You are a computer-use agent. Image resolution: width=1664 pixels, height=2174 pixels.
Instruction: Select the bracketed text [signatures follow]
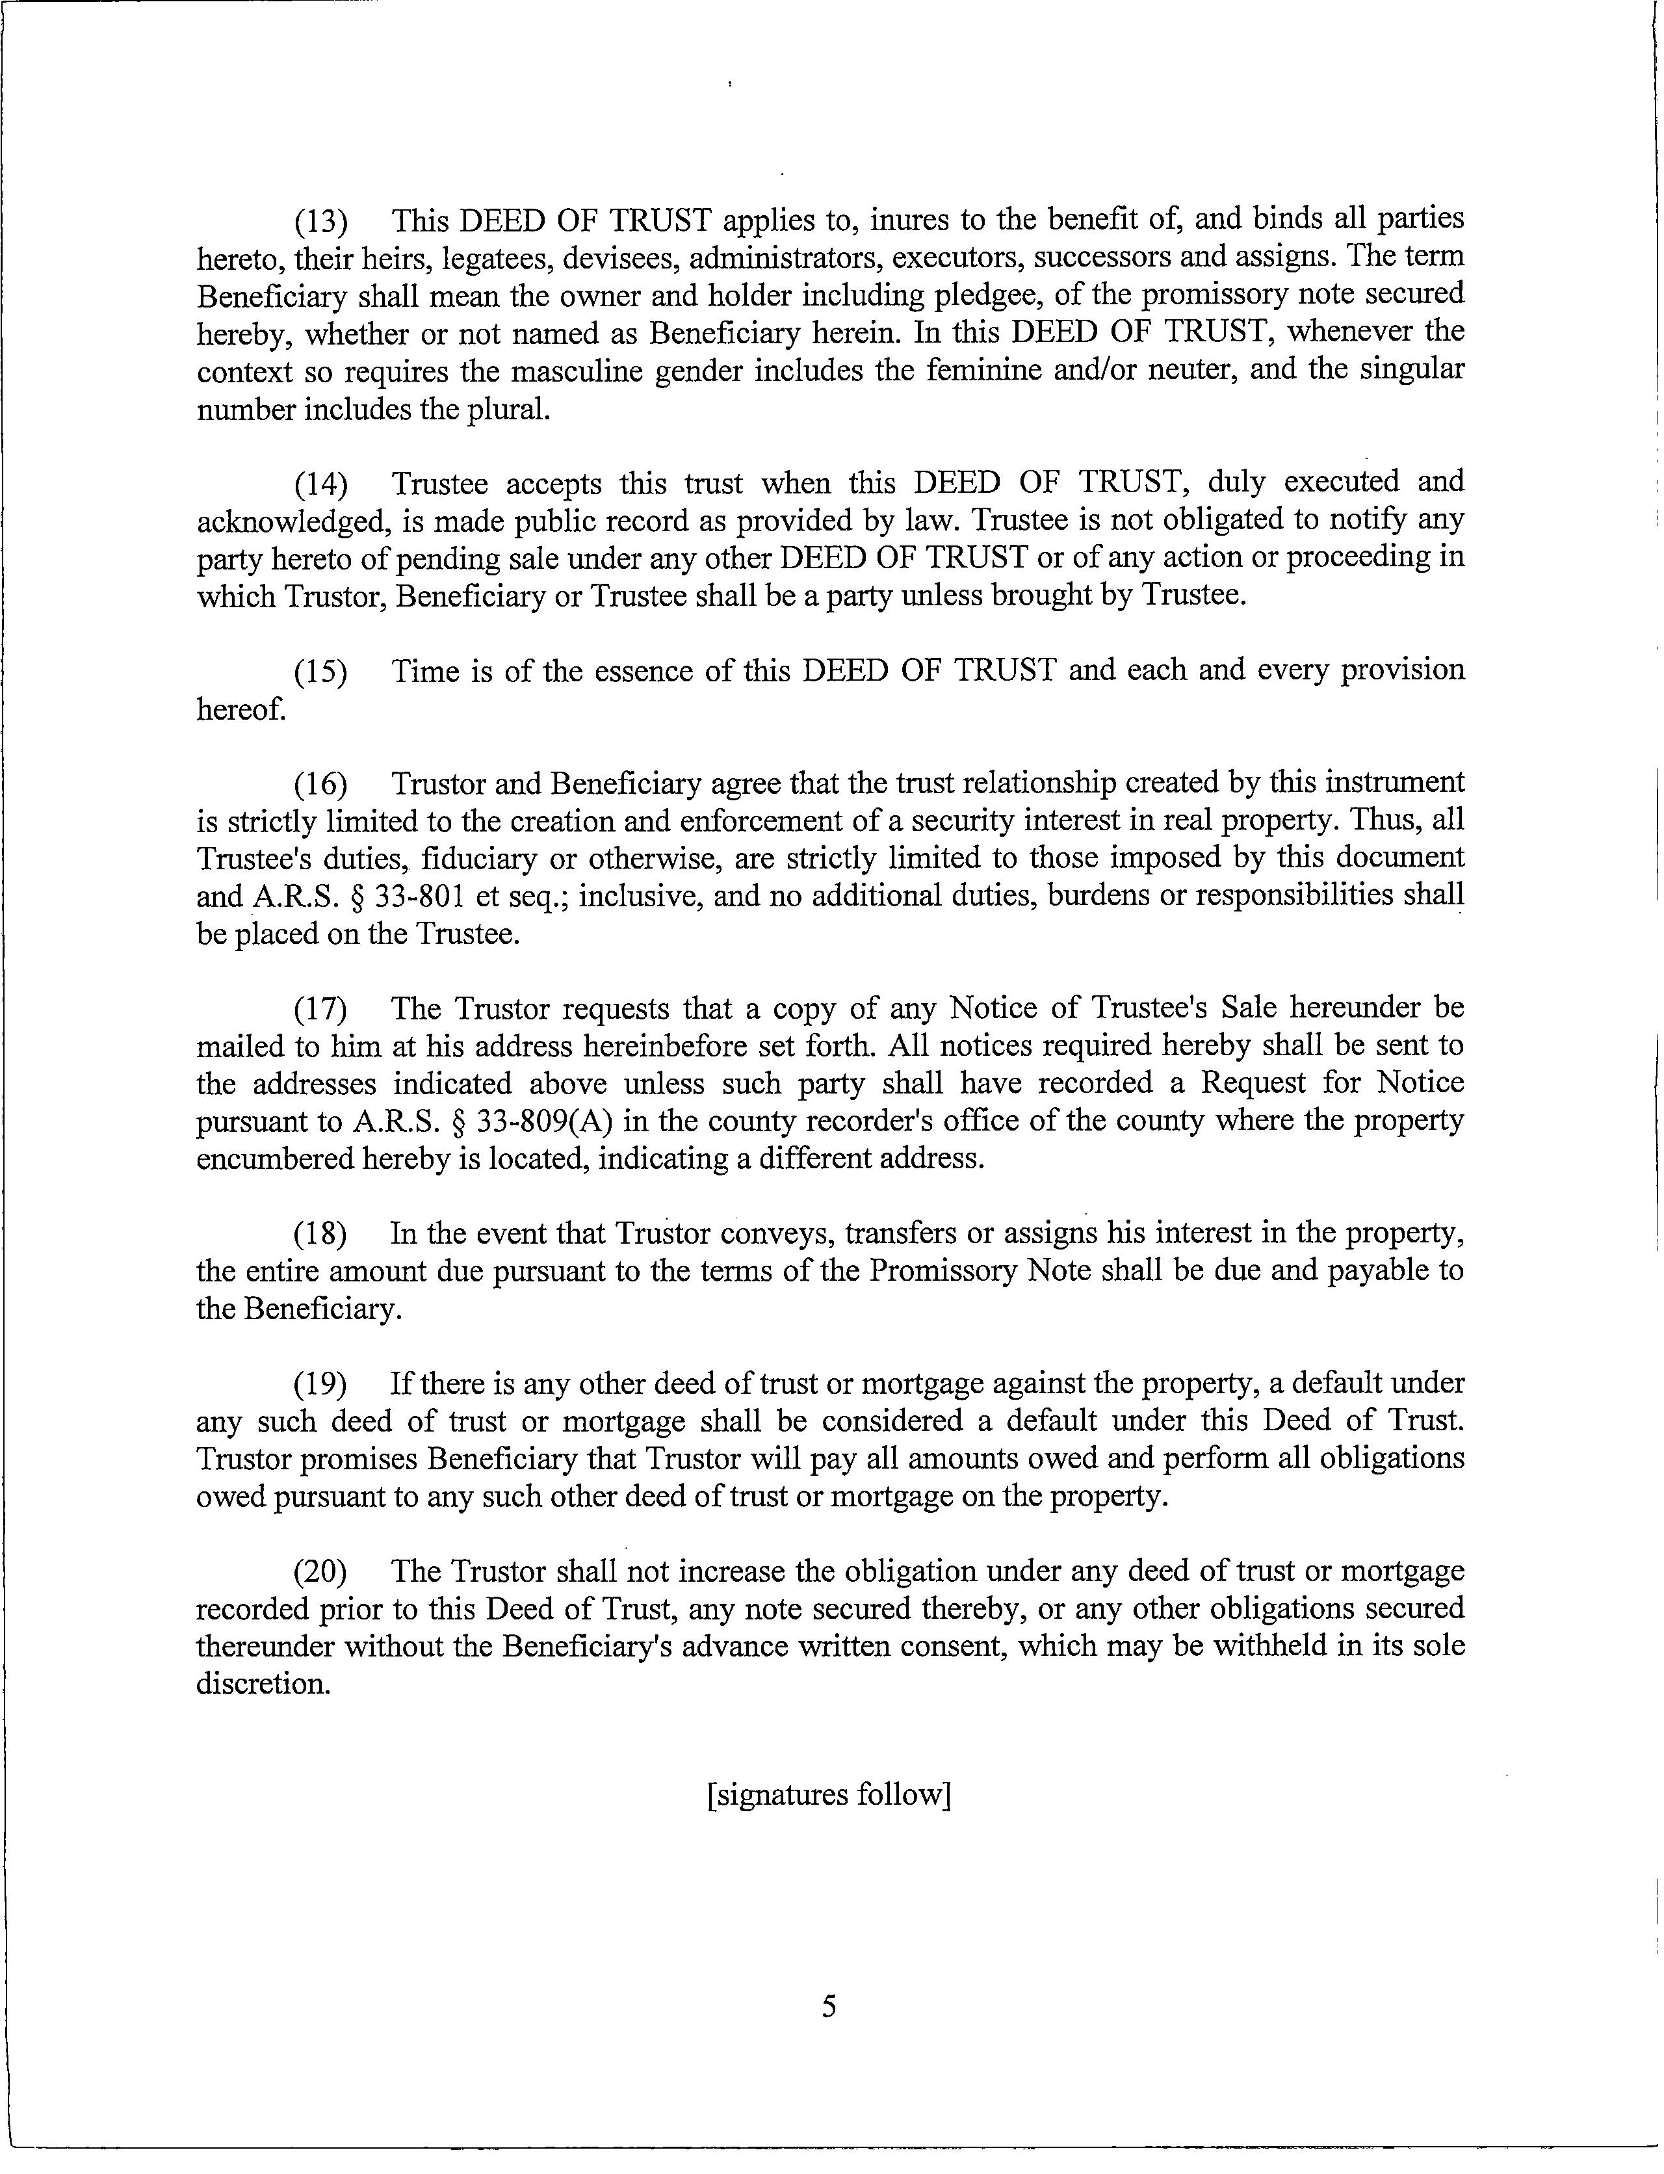point(829,1795)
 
